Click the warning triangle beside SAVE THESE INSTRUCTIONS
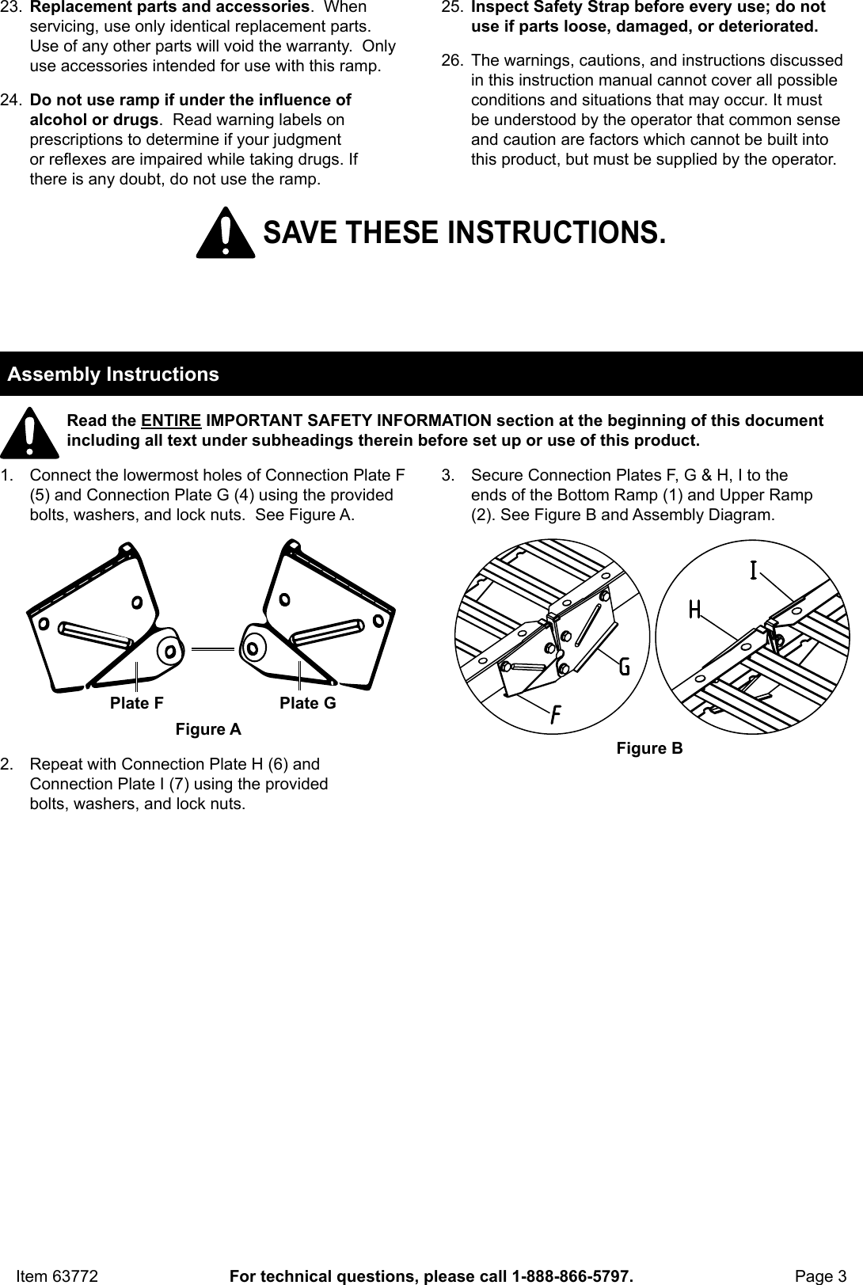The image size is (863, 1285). [226, 234]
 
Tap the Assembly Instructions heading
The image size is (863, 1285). [113, 374]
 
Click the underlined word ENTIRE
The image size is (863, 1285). [170, 420]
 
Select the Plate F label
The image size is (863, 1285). [137, 703]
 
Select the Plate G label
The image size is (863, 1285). [307, 703]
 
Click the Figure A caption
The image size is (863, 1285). [208, 729]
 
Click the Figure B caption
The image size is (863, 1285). [649, 748]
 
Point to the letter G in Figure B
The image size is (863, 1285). [624, 667]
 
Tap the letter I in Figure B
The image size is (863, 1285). [753, 570]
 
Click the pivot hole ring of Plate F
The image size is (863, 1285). [169, 650]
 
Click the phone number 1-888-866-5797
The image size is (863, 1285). [571, 1275]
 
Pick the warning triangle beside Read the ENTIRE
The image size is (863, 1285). [29, 434]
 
